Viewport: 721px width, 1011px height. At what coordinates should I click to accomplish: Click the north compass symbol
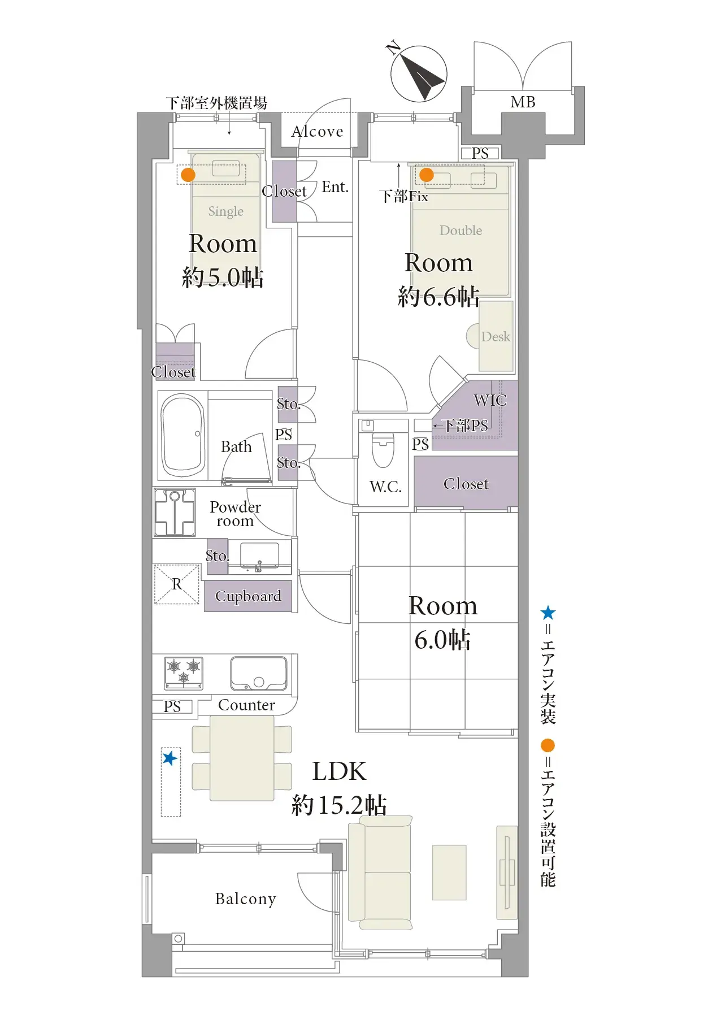(x=419, y=74)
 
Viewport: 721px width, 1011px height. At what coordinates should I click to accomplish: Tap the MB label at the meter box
(x=523, y=102)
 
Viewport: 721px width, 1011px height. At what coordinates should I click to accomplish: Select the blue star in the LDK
(x=170, y=758)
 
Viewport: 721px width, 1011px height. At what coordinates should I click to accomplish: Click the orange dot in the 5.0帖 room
(x=188, y=175)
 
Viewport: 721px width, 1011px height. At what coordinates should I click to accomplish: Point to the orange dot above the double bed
(x=427, y=175)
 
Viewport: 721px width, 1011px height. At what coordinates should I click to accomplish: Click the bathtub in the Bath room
(x=183, y=436)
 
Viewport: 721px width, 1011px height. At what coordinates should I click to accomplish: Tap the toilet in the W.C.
(x=383, y=449)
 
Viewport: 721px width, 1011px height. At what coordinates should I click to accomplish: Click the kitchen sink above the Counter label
(x=259, y=673)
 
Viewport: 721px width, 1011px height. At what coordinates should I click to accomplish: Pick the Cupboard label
(x=248, y=596)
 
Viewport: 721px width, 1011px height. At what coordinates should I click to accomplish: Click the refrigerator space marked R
(x=177, y=584)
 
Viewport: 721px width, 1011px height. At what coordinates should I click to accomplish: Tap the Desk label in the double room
(x=496, y=337)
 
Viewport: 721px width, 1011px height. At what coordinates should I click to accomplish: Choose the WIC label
(x=490, y=400)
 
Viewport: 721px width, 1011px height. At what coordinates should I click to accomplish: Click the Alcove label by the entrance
(x=317, y=132)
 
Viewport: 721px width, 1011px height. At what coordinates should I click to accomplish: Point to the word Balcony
(x=246, y=899)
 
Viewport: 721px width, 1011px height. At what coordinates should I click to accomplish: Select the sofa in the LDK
(x=380, y=873)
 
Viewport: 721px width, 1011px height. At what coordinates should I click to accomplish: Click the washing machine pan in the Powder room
(x=175, y=513)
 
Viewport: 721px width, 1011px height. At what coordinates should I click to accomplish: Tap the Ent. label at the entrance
(x=335, y=187)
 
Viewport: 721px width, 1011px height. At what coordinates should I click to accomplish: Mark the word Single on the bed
(x=225, y=211)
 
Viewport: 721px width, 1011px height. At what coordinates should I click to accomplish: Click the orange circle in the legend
(x=548, y=745)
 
